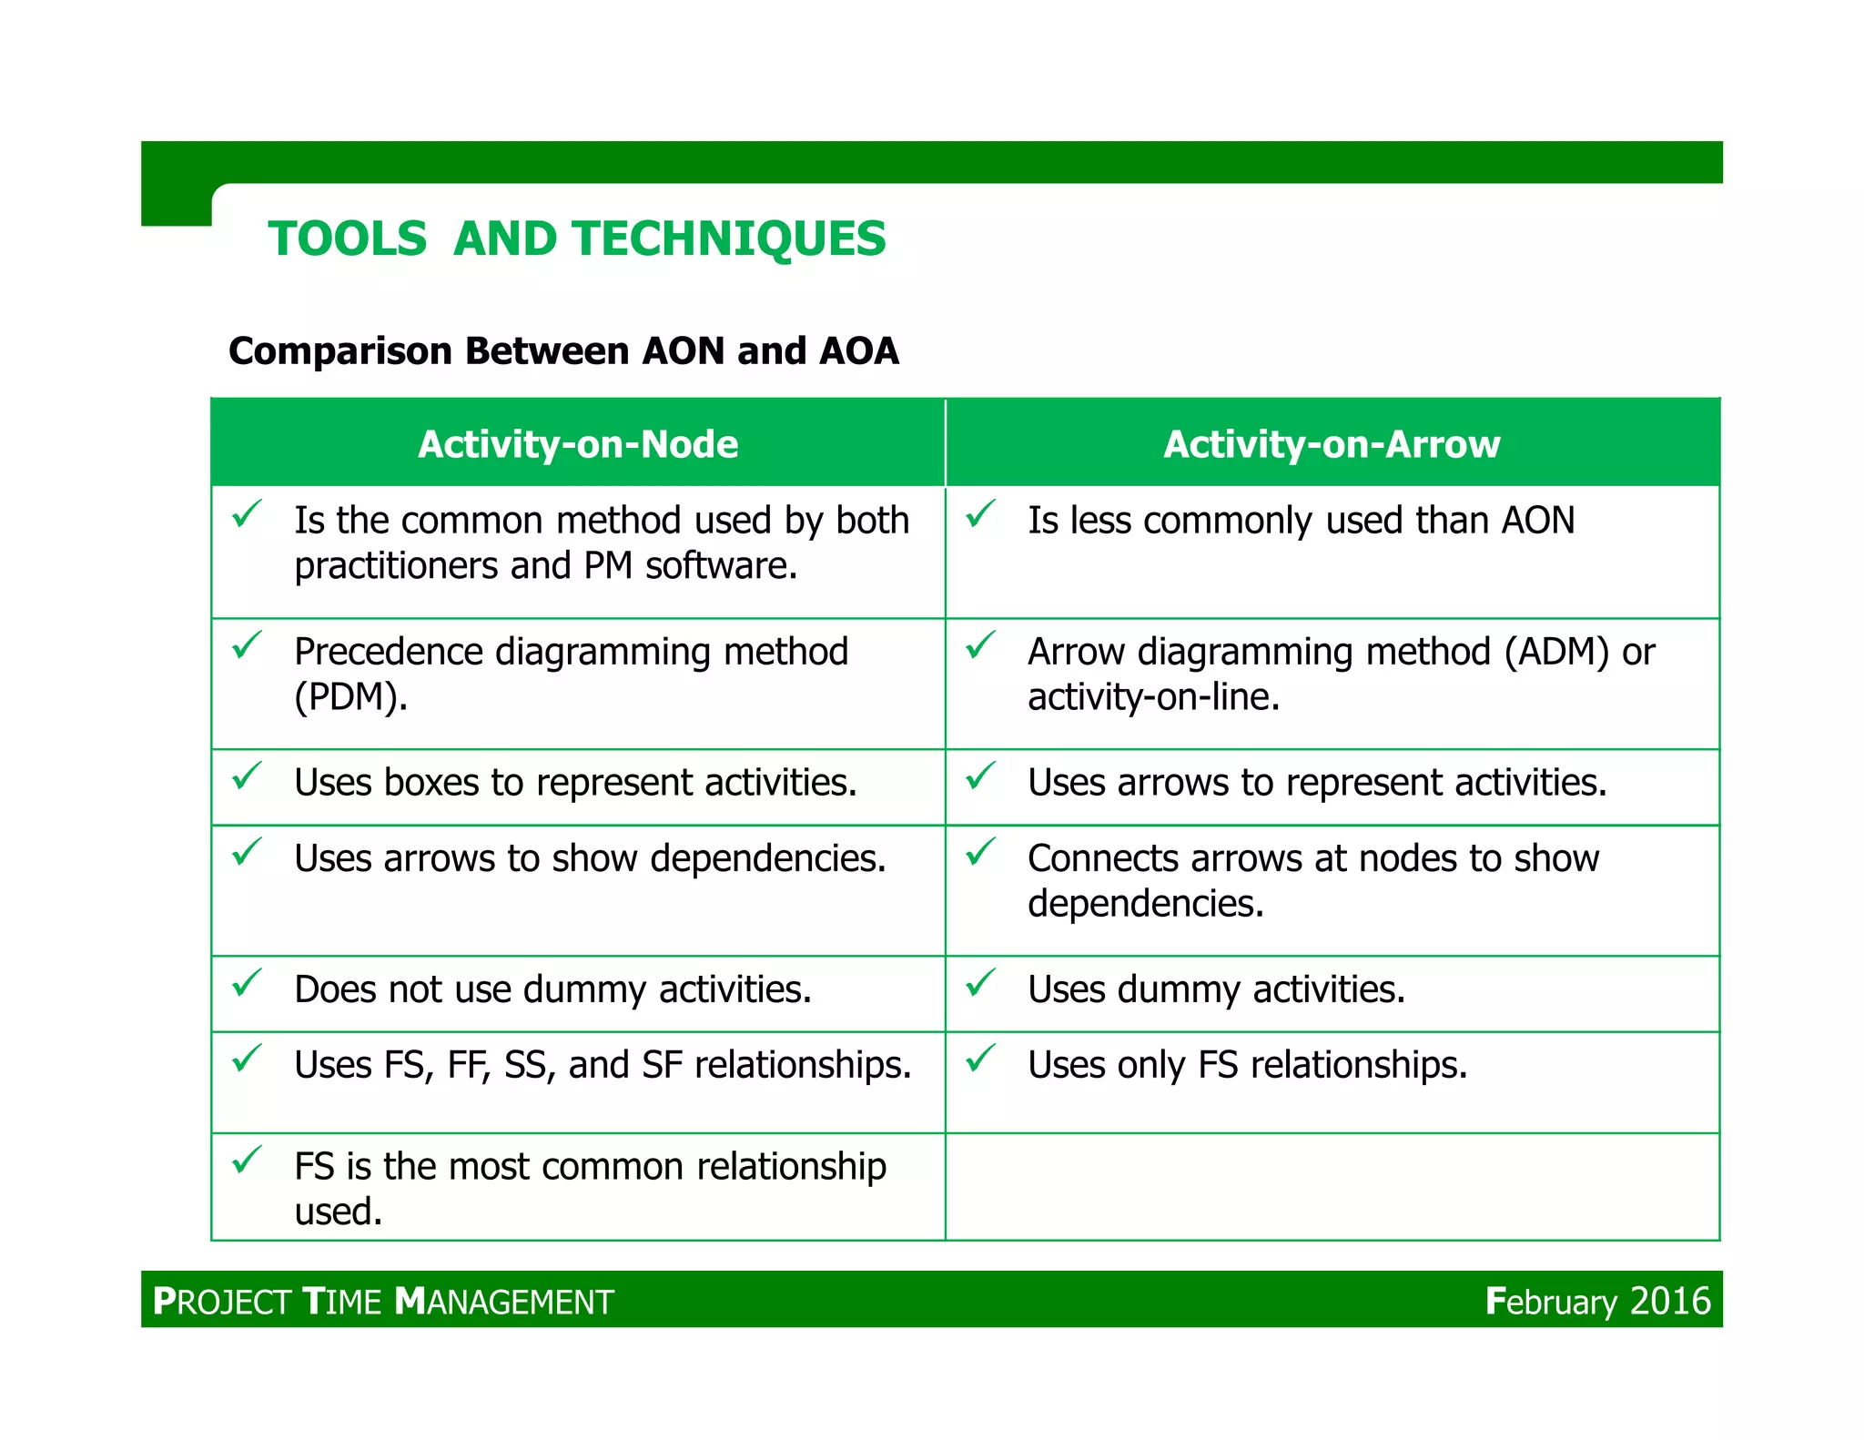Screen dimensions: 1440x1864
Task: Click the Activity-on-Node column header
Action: click(578, 444)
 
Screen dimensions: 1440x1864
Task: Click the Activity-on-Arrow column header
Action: click(1332, 444)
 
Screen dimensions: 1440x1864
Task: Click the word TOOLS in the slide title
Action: click(347, 239)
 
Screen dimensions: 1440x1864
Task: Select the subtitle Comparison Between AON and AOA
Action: click(563, 351)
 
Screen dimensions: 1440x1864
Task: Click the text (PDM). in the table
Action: click(350, 697)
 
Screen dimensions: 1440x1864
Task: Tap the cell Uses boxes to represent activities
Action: click(575, 783)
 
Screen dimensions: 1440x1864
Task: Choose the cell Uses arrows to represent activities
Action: click(1317, 783)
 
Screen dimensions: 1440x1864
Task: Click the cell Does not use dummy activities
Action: click(552, 989)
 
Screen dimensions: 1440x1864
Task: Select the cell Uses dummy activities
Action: click(1216, 989)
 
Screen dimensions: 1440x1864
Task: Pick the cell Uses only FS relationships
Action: click(1247, 1065)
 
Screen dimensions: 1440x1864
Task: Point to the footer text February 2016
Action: click(1597, 1301)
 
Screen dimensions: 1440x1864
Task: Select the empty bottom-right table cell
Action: click(1332, 1186)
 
